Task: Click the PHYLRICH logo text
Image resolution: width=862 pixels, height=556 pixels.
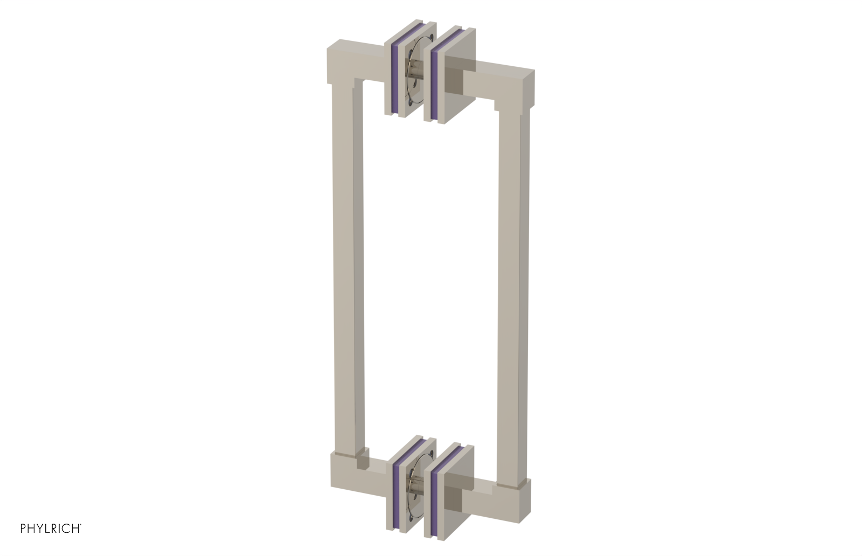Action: pos(51,529)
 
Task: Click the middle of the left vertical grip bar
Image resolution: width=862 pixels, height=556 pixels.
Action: pos(348,269)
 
